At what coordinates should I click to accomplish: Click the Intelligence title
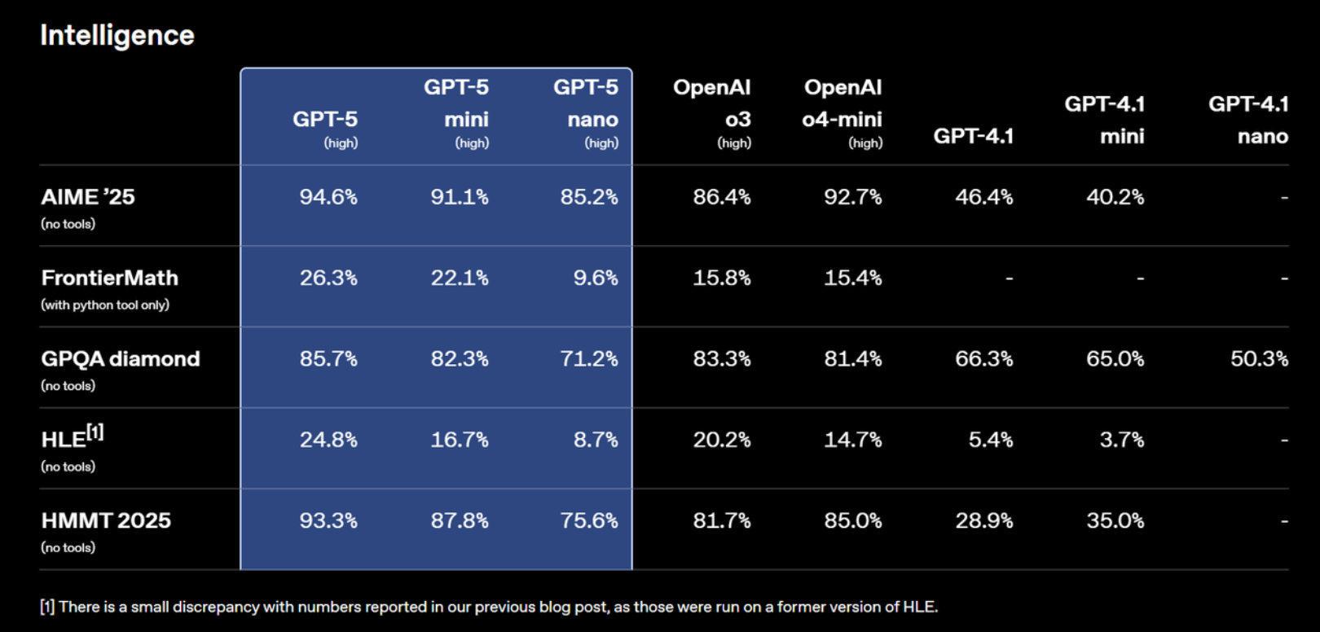[117, 36]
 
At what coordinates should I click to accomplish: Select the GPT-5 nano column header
[586, 114]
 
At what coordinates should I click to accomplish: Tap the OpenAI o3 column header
[712, 114]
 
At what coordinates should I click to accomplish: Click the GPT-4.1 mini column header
[1104, 121]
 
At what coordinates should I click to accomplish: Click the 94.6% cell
[328, 197]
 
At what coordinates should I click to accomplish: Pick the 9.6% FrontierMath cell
[596, 278]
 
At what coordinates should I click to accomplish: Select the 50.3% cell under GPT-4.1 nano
[1260, 358]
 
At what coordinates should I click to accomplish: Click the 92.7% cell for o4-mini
[852, 197]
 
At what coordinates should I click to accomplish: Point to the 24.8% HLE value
[328, 440]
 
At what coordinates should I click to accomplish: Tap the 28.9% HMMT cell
[984, 520]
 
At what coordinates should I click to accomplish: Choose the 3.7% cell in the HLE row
[1122, 440]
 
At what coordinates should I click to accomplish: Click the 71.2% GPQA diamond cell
[589, 358]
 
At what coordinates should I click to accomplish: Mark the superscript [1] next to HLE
[95, 432]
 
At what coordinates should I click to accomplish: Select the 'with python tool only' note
[105, 305]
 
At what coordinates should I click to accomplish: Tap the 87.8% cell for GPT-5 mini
[460, 520]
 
